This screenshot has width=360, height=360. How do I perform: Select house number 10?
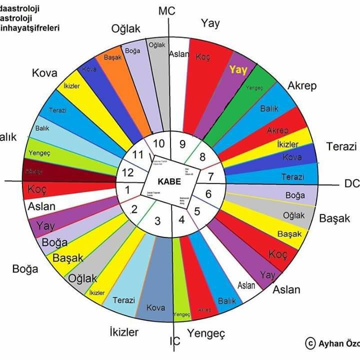pos(158,143)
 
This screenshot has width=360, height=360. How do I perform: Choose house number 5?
pos(196,210)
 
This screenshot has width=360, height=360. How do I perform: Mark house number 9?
pos(182,143)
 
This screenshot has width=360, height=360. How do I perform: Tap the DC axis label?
pos(351,184)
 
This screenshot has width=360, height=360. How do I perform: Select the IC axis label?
pos(174,341)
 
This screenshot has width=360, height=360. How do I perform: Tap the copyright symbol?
pos(310,343)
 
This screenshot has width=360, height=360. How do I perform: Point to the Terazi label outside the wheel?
pos(341,146)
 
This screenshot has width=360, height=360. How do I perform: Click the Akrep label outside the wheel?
pos(301,85)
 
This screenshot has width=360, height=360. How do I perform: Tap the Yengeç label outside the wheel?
pos(206,333)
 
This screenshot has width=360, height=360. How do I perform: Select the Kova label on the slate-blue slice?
pos(155,307)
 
